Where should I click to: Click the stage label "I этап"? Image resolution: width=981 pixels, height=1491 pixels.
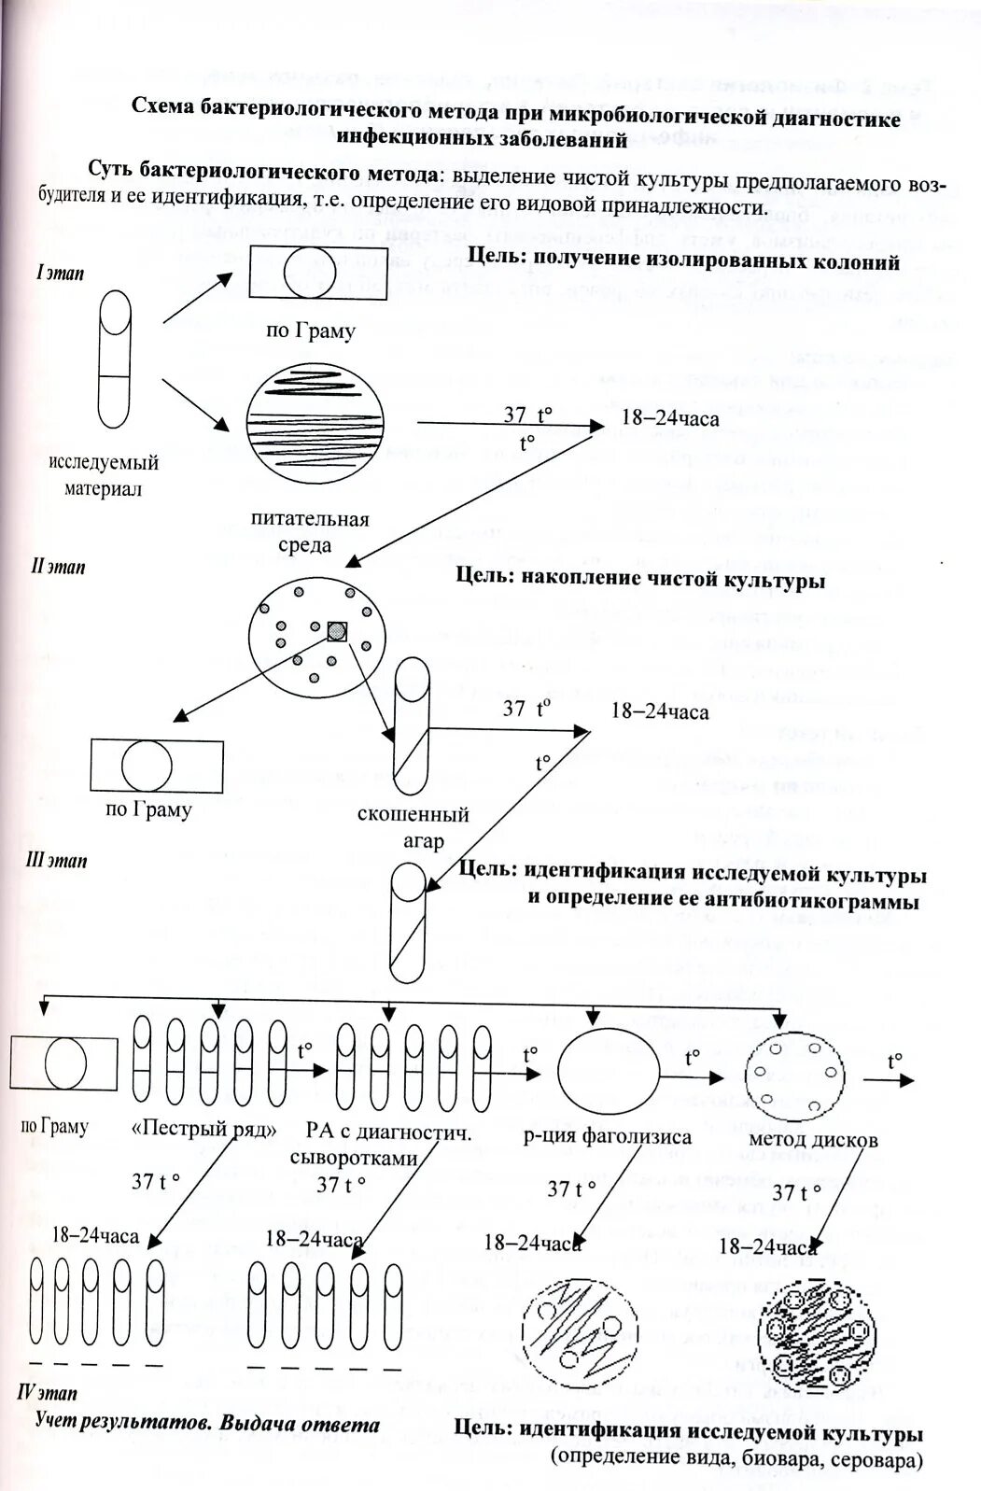click(60, 274)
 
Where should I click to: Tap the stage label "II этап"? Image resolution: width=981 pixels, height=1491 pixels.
click(59, 566)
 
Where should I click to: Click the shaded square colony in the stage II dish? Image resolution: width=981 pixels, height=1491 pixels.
click(337, 631)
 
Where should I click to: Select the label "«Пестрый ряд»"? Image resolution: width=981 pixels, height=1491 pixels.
click(204, 1129)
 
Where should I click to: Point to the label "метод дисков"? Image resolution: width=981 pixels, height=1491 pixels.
click(813, 1139)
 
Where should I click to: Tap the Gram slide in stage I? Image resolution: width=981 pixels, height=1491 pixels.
click(319, 272)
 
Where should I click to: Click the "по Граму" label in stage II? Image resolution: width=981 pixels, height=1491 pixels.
click(148, 809)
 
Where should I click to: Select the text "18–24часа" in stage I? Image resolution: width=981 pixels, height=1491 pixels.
click(670, 418)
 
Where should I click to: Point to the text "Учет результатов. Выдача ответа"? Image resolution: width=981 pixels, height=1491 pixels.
click(207, 1425)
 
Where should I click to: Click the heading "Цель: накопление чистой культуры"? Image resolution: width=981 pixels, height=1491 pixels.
click(640, 579)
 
